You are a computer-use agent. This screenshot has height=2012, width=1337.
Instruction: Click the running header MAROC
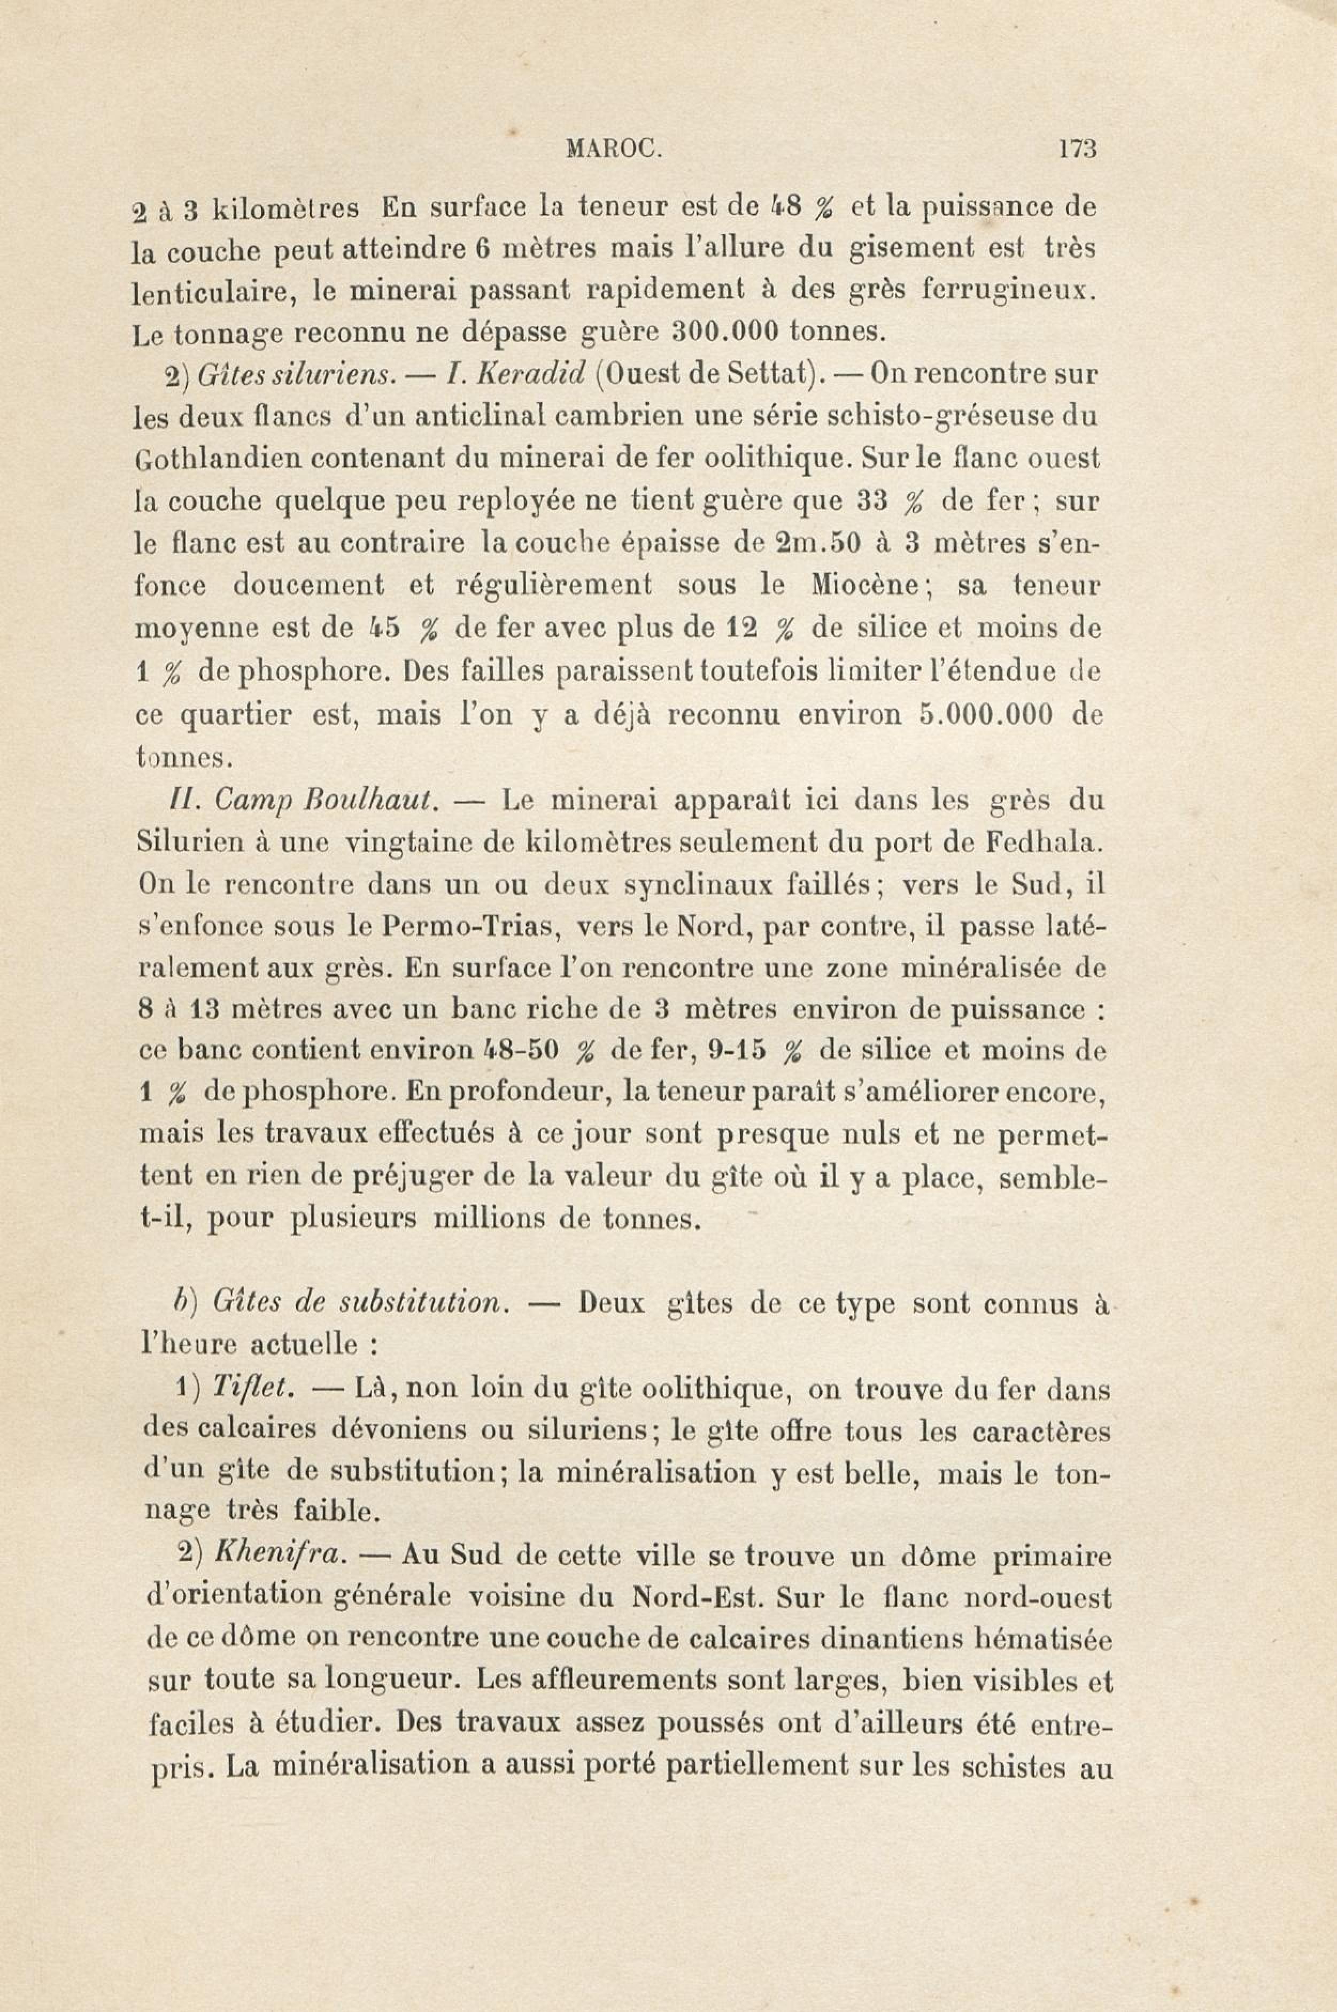click(x=613, y=150)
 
